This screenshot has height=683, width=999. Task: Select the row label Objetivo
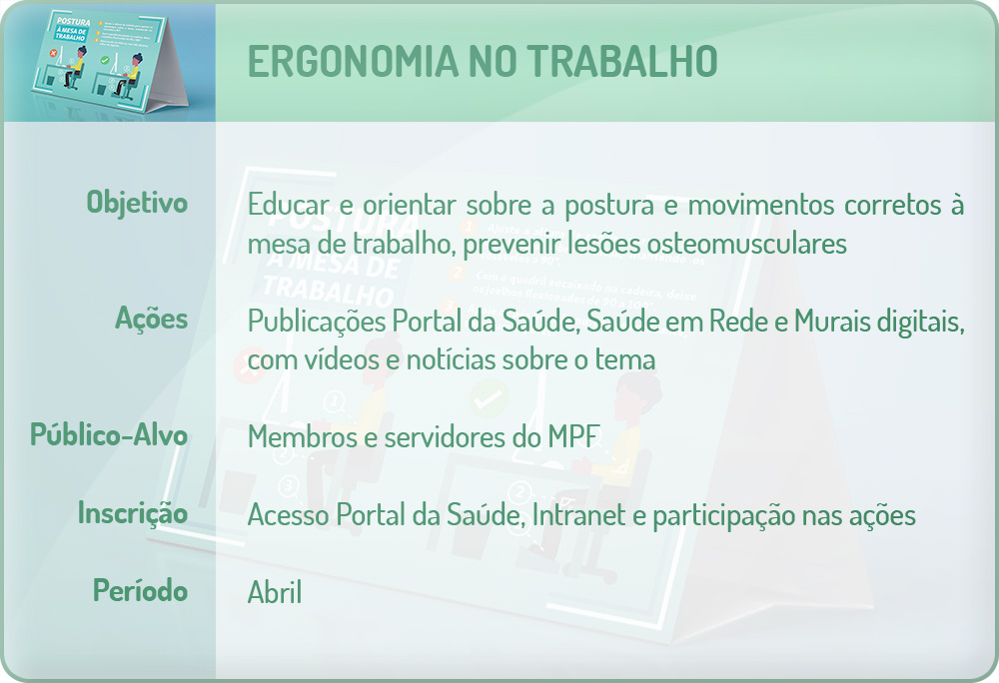click(137, 202)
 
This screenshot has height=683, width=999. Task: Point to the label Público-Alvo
click(109, 435)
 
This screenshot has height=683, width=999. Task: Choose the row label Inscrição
click(133, 513)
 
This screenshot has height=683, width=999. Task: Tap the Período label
click(141, 590)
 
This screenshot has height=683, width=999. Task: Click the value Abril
click(275, 592)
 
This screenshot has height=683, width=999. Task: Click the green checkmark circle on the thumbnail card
click(104, 61)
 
